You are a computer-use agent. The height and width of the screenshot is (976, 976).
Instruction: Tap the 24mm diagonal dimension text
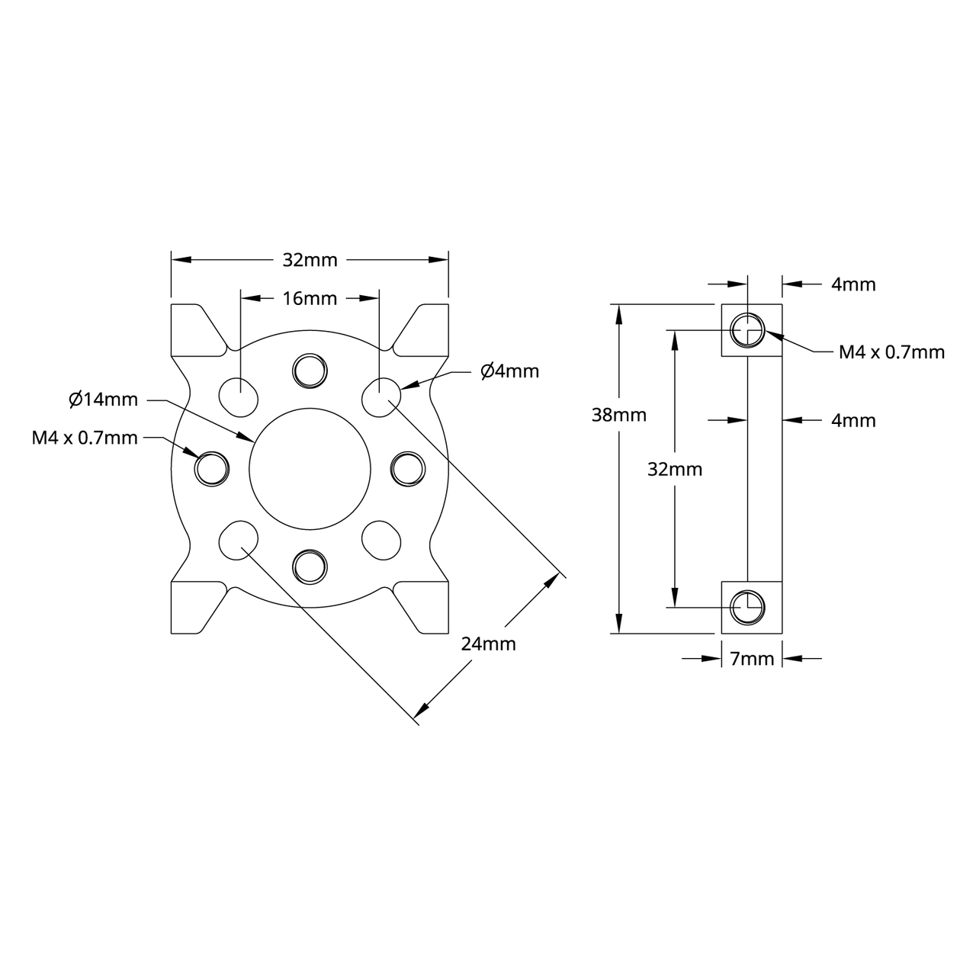[x=488, y=644]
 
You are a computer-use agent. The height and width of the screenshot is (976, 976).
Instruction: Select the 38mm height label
[x=618, y=415]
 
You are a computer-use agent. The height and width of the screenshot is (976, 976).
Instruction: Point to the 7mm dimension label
[x=752, y=659]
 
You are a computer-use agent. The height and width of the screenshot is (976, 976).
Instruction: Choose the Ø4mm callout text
[x=509, y=371]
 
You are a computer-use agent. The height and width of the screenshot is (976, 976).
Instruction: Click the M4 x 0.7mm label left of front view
[x=85, y=438]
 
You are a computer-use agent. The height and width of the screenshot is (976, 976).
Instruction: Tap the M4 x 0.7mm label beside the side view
[x=891, y=352]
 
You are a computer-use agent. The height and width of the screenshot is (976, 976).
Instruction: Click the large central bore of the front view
[x=310, y=467]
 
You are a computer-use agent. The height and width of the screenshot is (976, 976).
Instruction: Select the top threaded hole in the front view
[x=310, y=370]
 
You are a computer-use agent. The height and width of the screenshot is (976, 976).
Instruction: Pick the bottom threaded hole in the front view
[x=310, y=566]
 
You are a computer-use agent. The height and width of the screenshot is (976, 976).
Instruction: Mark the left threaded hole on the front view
[x=212, y=467]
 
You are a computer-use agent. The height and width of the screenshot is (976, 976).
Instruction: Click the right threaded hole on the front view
[x=408, y=467]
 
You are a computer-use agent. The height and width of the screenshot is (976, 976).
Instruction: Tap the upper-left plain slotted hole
[x=239, y=396]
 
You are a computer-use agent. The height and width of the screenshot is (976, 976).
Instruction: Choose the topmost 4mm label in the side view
[x=853, y=284]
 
